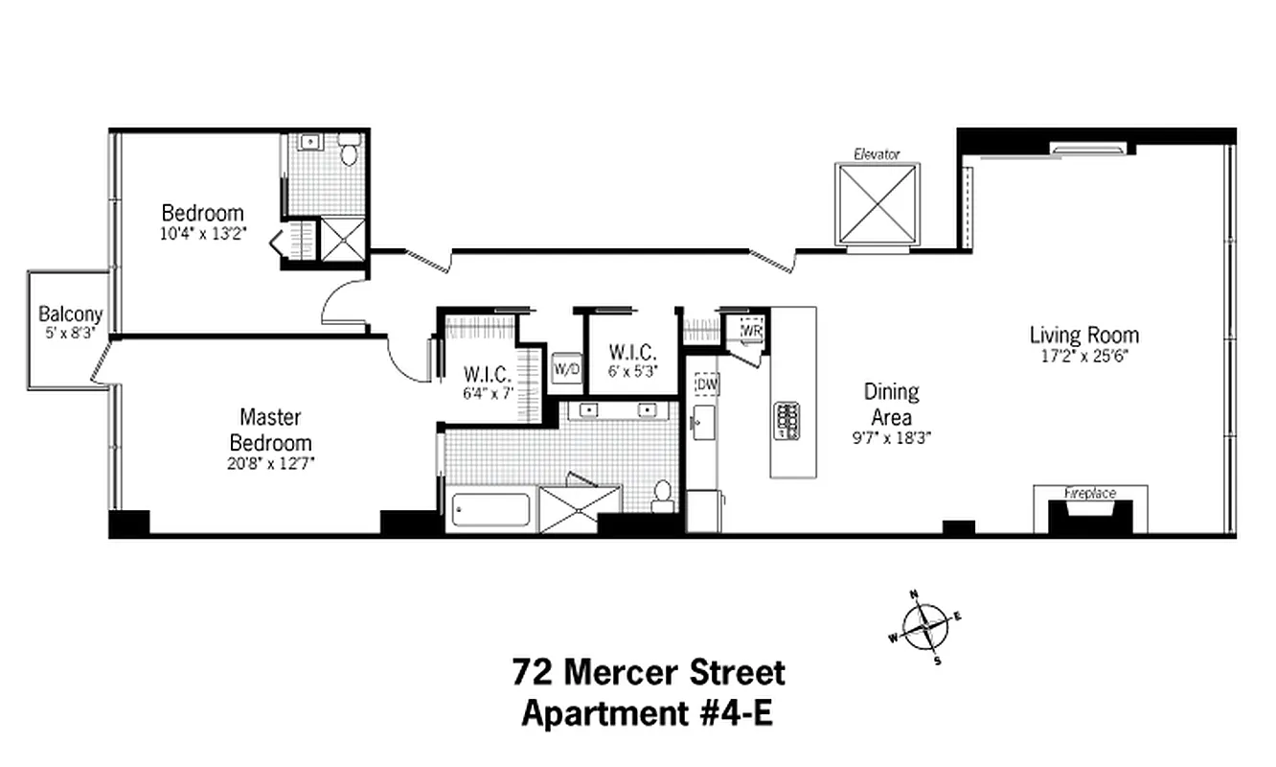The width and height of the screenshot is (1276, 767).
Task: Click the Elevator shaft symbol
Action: coord(877,204)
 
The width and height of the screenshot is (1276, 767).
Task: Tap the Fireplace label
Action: coord(1090,493)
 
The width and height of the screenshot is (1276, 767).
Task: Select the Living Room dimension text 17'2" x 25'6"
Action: coord(1084,354)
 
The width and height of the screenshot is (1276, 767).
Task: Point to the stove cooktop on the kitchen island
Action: coord(786,420)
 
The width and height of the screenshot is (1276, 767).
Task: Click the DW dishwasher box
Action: coord(707,383)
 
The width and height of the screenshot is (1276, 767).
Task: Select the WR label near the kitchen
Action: coord(751,329)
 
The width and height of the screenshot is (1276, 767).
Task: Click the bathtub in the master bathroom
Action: coord(490,509)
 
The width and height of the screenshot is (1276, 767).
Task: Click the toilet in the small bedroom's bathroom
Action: coord(350,151)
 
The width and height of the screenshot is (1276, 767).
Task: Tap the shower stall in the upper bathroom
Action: coord(342,240)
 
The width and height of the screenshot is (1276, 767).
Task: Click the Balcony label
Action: coord(70,314)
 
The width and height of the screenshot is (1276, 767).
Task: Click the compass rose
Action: coord(924,627)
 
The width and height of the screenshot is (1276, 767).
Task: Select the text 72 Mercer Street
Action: coord(649,672)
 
